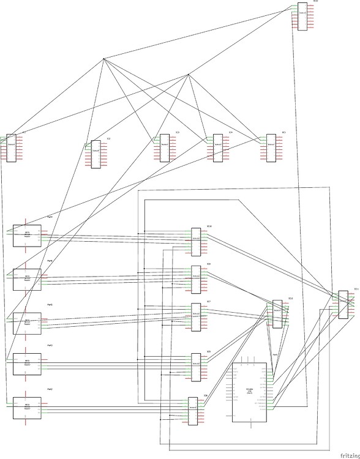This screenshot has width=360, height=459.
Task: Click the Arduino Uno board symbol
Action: click(249, 392)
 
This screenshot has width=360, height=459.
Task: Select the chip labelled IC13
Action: click(302, 17)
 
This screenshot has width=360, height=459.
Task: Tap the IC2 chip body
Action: click(96, 154)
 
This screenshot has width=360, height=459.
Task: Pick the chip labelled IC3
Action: click(164, 148)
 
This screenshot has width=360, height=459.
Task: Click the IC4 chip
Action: click(217, 148)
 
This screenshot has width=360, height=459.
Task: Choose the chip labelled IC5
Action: click(271, 148)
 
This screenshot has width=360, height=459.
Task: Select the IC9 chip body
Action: click(196, 279)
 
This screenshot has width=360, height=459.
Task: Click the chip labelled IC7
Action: click(196, 317)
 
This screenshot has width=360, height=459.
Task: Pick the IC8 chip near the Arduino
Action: click(193, 411)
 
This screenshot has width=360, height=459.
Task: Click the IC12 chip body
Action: click(277, 314)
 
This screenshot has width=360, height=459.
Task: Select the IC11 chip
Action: click(343, 304)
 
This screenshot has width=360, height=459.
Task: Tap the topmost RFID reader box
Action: click(27, 236)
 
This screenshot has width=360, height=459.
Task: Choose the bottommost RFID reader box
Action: click(27, 408)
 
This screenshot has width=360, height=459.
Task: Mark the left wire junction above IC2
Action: click(104, 59)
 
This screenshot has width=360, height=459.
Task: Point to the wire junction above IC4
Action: click(188, 75)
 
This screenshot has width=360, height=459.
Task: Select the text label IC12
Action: click(291, 298)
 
